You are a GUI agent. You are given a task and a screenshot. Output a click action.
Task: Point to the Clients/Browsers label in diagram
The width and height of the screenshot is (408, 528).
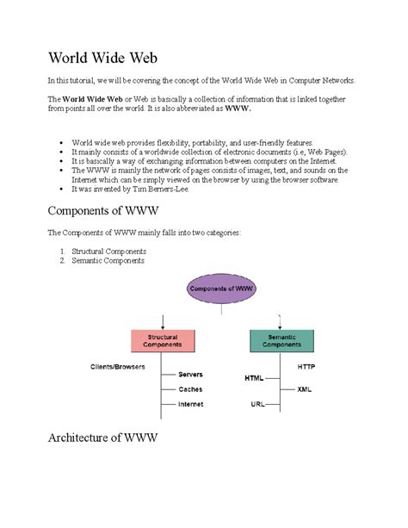[x=118, y=366]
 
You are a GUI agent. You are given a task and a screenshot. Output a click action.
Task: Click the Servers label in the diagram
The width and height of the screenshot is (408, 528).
[x=190, y=375]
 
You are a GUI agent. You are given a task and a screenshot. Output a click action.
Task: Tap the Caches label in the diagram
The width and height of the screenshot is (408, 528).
[x=190, y=389]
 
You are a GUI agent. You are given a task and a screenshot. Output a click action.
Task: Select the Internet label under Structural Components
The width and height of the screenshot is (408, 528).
[x=191, y=404]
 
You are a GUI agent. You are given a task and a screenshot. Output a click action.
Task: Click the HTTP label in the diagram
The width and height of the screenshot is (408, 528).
[x=307, y=366]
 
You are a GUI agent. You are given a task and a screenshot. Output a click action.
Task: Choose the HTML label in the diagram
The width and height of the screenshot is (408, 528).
[x=254, y=377]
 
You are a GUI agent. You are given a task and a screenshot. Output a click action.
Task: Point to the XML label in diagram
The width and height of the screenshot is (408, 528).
[x=304, y=389]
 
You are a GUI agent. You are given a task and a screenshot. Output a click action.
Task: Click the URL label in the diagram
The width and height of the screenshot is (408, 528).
[x=257, y=403]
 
